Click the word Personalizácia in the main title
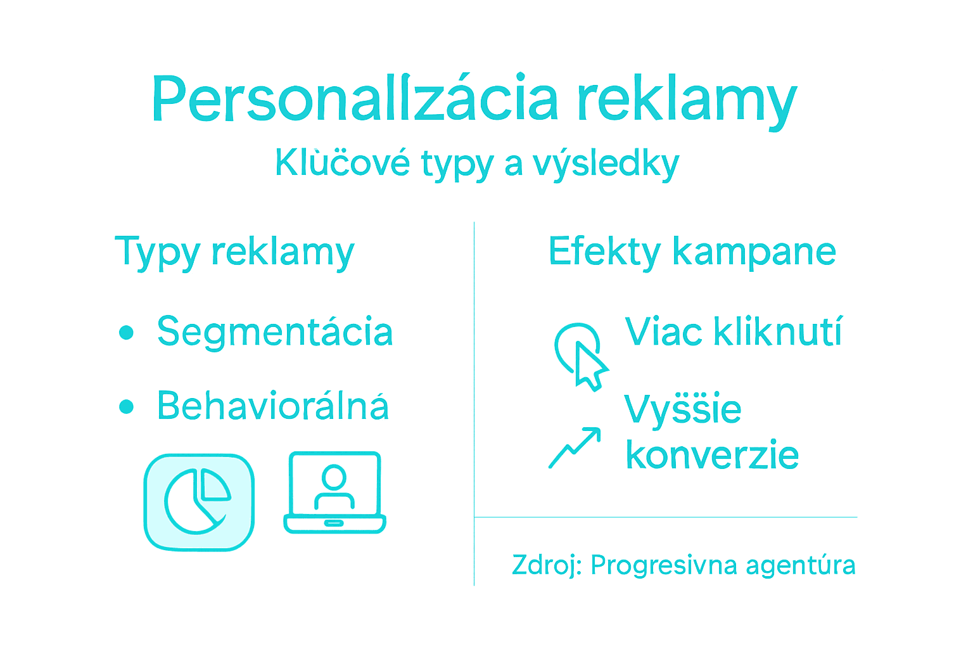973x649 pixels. [x=355, y=100]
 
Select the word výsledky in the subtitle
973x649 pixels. [x=606, y=164]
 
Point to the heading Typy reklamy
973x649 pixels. [x=234, y=252]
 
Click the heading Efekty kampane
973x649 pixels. [x=692, y=252]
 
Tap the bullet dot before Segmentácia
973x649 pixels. [x=127, y=332]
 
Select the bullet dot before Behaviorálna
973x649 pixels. [x=127, y=406]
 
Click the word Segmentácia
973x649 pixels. [x=275, y=331]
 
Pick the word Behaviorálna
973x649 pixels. [x=272, y=406]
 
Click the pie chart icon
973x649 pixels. [x=199, y=502]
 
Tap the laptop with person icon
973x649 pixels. [x=334, y=492]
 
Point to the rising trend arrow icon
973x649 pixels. [x=574, y=447]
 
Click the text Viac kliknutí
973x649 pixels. [x=734, y=331]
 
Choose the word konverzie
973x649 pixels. [x=712, y=455]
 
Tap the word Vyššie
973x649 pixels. [x=683, y=409]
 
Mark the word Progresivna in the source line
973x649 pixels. [x=664, y=565]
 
